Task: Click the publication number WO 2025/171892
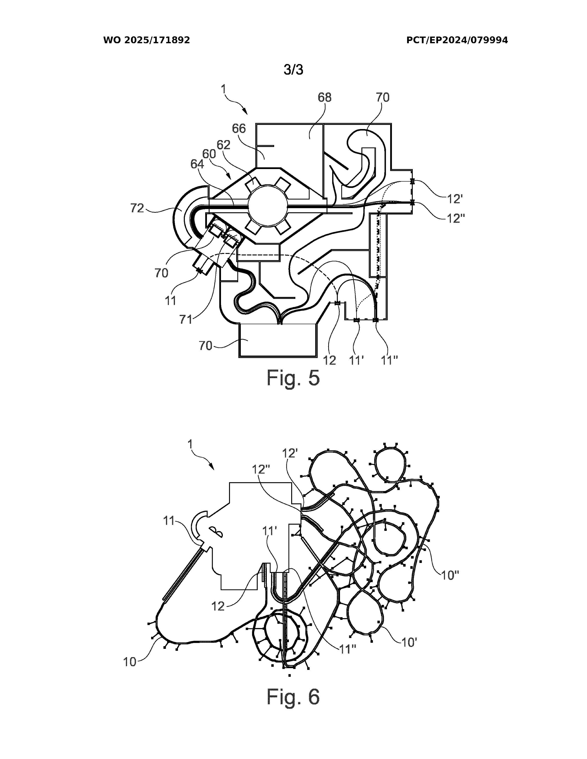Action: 146,40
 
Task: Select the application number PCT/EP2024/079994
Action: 457,40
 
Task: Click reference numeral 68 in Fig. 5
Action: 324,98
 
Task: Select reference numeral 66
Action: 239,129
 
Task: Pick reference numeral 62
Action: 224,145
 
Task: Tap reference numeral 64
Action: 197,164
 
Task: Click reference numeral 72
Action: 137,208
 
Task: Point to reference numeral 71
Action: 186,319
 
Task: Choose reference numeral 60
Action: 209,154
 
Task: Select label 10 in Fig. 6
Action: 130,662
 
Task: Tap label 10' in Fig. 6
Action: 409,643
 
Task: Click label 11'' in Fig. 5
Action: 389,361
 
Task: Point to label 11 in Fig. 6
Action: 169,521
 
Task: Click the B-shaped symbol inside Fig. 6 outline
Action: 216,532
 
